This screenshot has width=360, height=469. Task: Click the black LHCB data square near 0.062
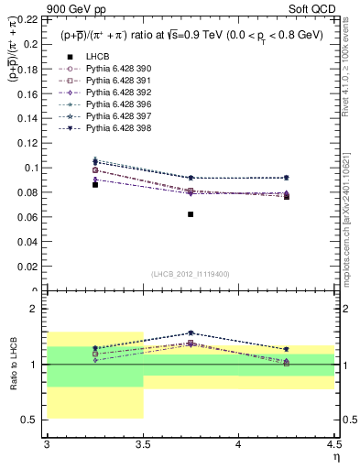click(191, 240)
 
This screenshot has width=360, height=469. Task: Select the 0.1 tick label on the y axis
click(33, 168)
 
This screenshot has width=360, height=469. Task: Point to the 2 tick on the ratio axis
click(38, 309)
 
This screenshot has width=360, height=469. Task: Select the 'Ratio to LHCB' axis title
click(13, 365)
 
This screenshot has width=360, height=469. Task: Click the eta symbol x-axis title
click(335, 456)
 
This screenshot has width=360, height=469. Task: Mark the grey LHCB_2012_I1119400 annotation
click(191, 274)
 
